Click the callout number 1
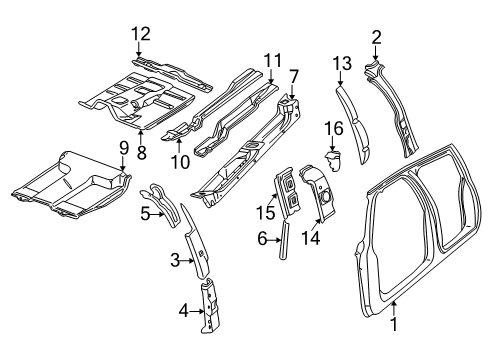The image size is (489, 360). (x=394, y=324)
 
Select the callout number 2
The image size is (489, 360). (x=376, y=38)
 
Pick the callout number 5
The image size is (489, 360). (x=145, y=212)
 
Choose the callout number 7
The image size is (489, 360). (x=293, y=76)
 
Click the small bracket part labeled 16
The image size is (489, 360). (x=335, y=159)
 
